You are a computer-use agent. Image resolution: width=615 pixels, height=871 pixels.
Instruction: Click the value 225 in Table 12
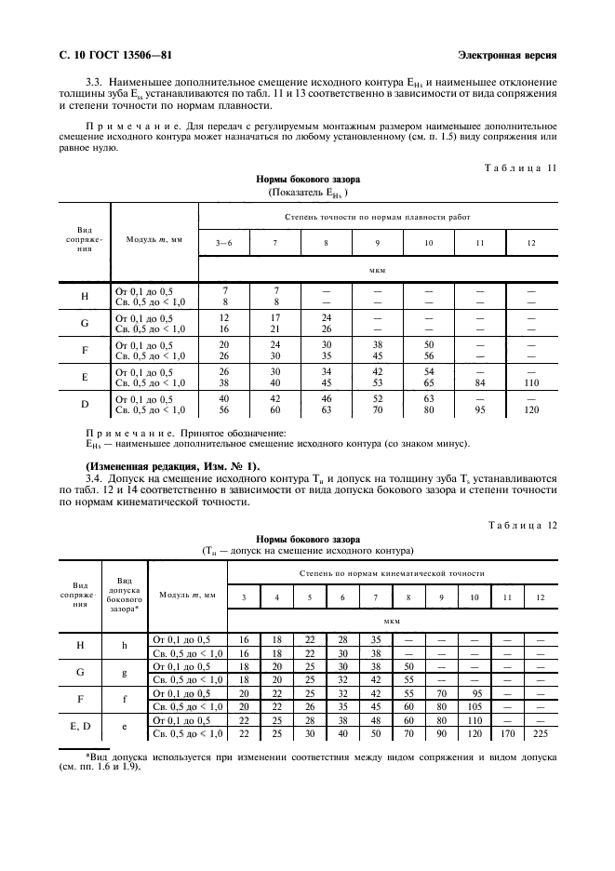tap(540, 734)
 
